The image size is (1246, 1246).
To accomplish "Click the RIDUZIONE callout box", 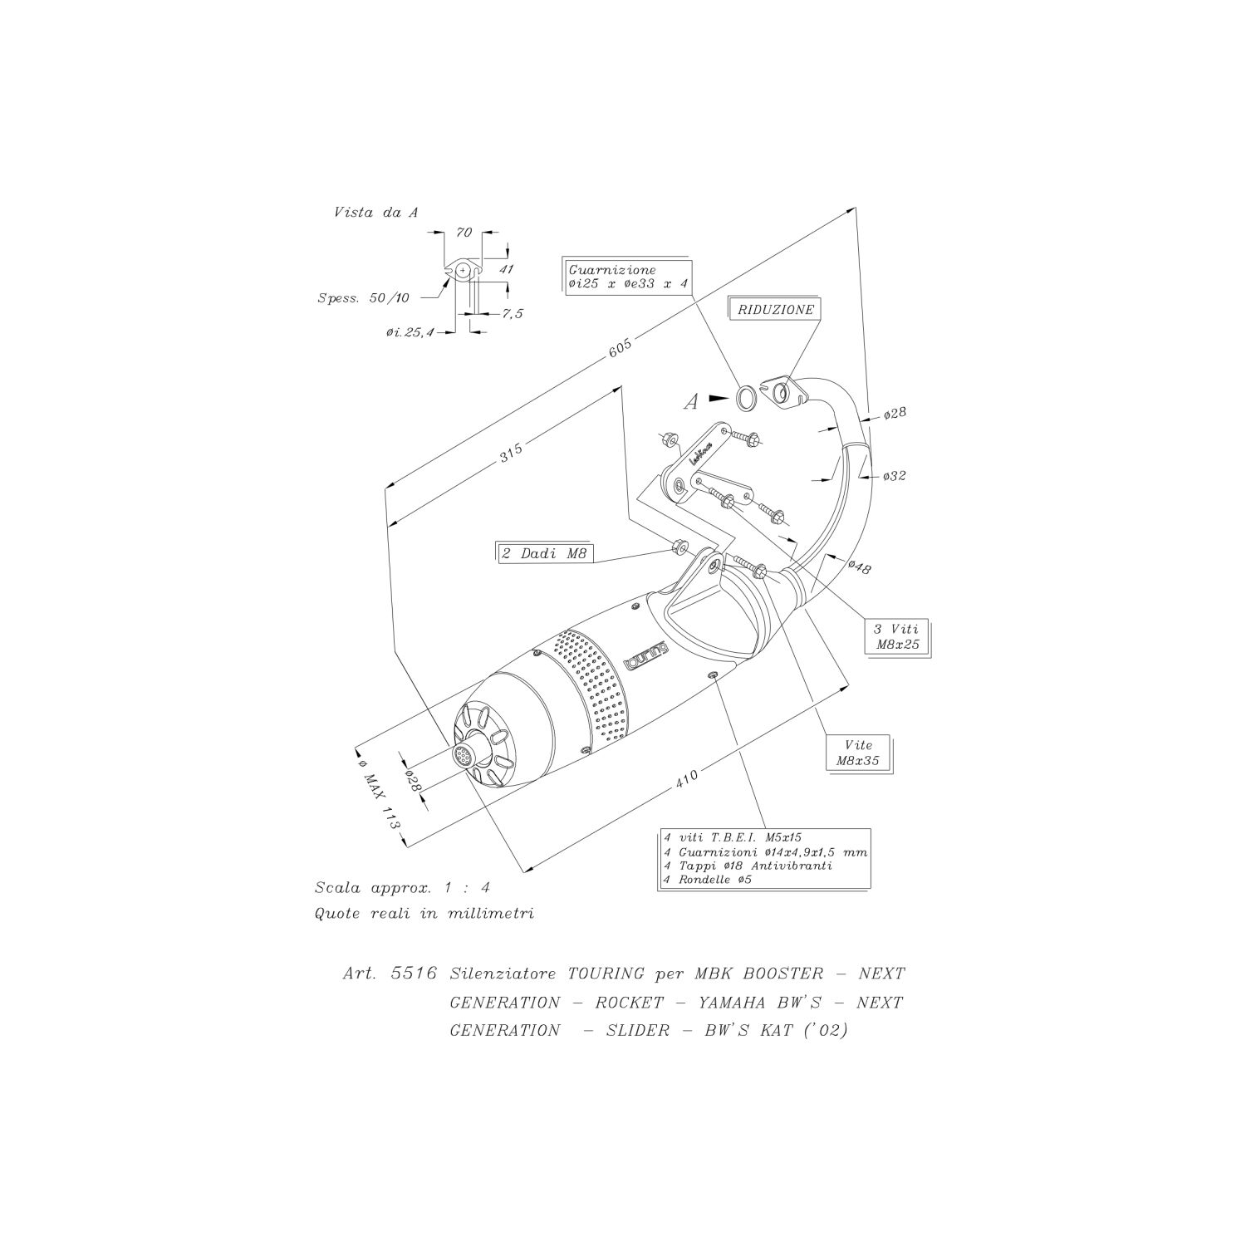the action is pyautogui.click(x=775, y=309).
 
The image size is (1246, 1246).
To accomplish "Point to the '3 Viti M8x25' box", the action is pyautogui.click(x=895, y=635).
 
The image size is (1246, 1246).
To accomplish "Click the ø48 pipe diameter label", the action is pyautogui.click(x=859, y=567).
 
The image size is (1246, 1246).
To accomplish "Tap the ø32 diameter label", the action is pyautogui.click(x=895, y=476).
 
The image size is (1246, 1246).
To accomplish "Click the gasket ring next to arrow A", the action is pyautogui.click(x=747, y=399).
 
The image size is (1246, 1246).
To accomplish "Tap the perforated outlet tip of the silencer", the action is pyautogui.click(x=462, y=756).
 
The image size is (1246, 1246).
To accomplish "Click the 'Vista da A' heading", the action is pyautogui.click(x=375, y=213).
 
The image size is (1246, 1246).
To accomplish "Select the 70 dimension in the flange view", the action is pyautogui.click(x=464, y=233).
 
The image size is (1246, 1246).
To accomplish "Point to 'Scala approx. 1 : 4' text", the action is pyautogui.click(x=403, y=888).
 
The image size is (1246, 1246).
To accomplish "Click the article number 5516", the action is pyautogui.click(x=414, y=974).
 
